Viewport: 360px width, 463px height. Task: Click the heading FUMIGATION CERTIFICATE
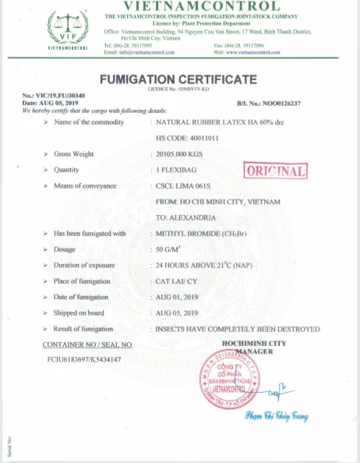(x=178, y=80)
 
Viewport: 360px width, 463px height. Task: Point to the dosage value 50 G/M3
(x=168, y=249)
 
